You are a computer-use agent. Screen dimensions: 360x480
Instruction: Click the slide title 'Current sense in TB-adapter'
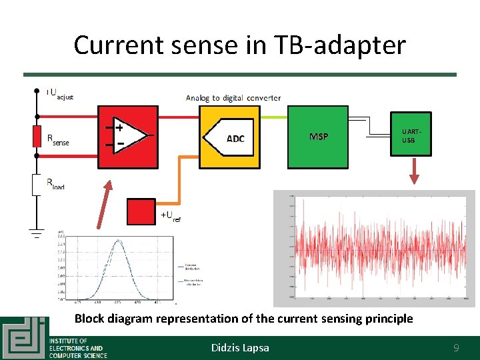pos(239,45)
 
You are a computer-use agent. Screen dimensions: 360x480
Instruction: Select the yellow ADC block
pos(230,138)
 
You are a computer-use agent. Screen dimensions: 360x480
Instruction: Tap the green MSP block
pos(318,137)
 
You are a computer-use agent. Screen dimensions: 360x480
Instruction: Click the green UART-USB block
pos(411,134)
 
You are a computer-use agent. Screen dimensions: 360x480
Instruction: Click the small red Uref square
pos(141,212)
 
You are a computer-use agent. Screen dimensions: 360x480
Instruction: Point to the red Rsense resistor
pos(37,135)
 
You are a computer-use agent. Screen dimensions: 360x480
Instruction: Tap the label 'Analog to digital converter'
pos(233,97)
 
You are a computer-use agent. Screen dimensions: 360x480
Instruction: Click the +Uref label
pos(170,216)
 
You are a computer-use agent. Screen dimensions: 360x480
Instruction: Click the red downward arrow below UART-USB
pos(414,172)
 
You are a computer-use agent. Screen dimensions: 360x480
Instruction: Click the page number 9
pos(456,347)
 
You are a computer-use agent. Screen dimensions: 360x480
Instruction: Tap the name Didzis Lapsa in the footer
pos(240,347)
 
